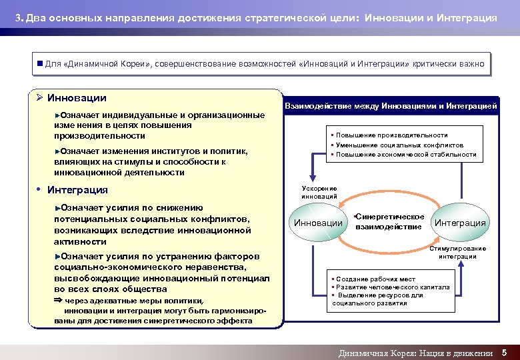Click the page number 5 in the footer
tap(505, 352)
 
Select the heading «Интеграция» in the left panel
tap(77, 190)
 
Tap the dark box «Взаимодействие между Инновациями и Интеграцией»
tap(391, 105)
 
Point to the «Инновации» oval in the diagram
tap(318, 223)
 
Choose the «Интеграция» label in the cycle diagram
tap(460, 223)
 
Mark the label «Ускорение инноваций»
tap(319, 193)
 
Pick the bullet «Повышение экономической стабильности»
tap(406, 155)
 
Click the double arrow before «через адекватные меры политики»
tap(57, 301)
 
